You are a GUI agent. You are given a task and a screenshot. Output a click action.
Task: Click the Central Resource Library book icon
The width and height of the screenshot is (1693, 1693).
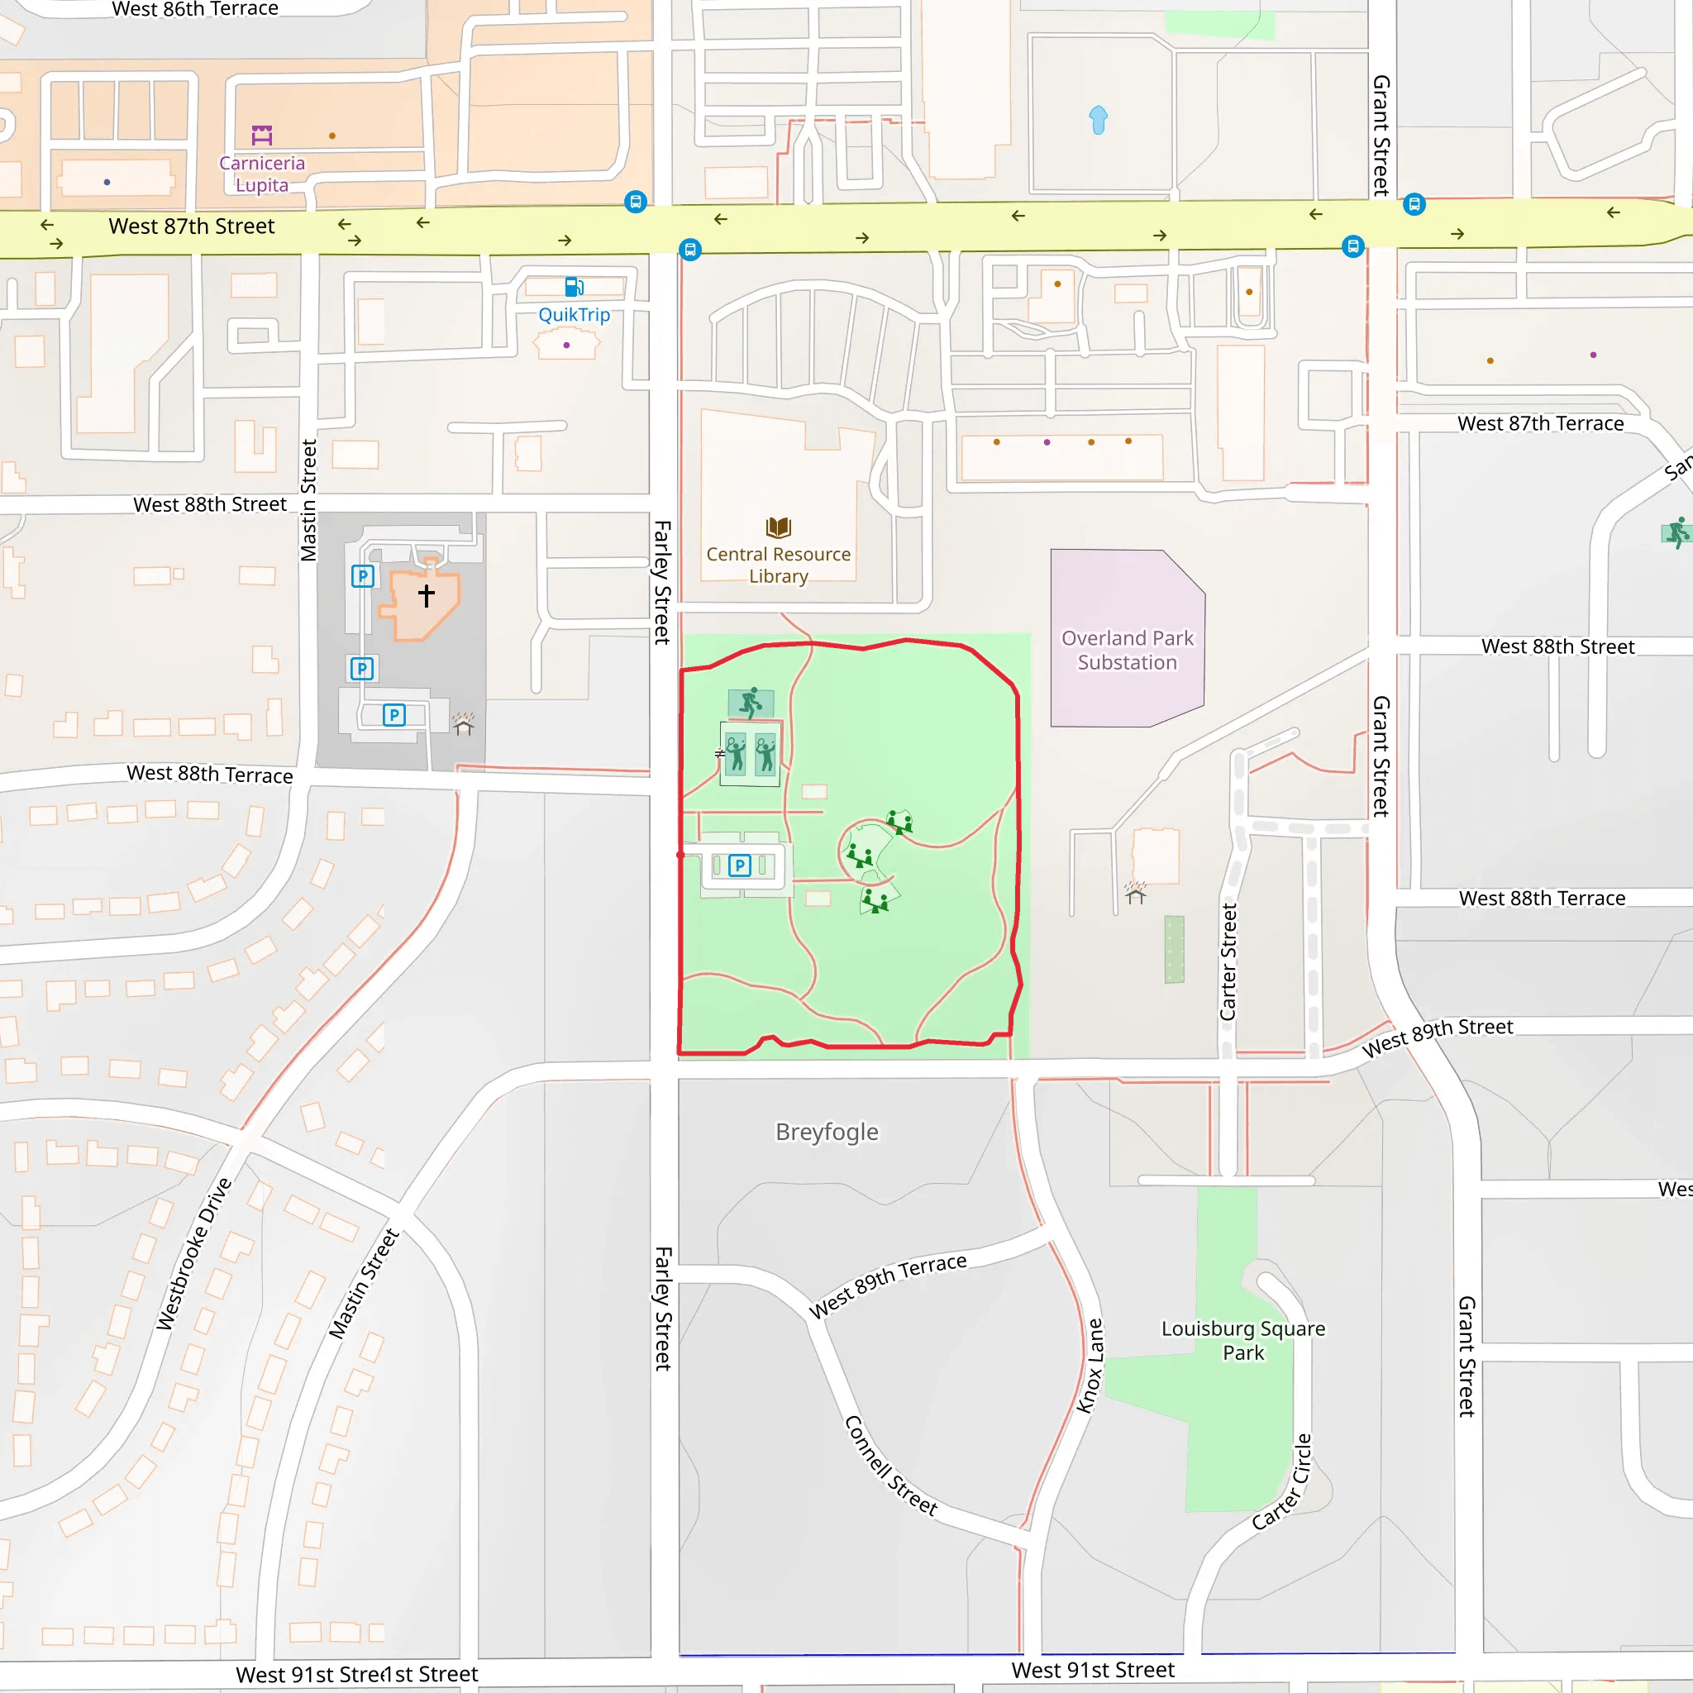[x=778, y=527]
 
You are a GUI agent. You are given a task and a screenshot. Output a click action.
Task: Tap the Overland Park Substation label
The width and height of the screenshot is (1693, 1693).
[x=1127, y=651]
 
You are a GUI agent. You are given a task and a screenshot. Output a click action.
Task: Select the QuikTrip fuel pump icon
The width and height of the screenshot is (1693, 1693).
[x=574, y=287]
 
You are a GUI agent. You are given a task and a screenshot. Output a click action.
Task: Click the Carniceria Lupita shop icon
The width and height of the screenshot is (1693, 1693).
[x=262, y=135]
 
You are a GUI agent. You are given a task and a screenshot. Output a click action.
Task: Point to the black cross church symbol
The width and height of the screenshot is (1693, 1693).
[x=426, y=595]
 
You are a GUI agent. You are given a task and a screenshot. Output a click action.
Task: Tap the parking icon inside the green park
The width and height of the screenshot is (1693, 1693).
[x=740, y=866]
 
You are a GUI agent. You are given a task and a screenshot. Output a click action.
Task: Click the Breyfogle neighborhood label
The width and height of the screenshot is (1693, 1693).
[x=827, y=1132]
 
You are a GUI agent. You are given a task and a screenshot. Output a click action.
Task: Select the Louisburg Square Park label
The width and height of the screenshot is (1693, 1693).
[x=1242, y=1340]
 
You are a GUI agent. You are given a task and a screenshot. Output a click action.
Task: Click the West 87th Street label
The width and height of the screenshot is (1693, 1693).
[x=191, y=226]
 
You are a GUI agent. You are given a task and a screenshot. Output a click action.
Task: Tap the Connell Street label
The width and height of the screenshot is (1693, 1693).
[x=890, y=1465]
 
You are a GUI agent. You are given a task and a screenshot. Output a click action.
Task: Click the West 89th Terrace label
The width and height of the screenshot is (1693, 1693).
[x=887, y=1285]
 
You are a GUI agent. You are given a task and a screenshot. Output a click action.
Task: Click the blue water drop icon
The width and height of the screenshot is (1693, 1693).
[x=1098, y=119]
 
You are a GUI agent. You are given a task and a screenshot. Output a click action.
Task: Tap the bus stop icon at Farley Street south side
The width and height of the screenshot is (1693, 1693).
[x=690, y=250]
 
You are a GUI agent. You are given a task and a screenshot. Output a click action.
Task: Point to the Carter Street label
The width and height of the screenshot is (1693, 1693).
[x=1228, y=962]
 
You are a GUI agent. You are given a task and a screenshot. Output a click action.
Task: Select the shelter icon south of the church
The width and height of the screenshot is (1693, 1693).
[x=464, y=725]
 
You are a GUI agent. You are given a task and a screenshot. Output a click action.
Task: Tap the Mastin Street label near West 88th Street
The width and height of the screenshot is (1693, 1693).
[x=308, y=499]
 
